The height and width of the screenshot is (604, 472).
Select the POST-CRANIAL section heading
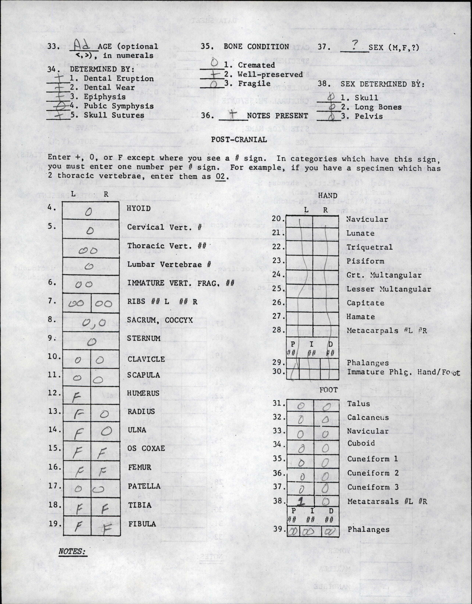pyautogui.click(x=239, y=139)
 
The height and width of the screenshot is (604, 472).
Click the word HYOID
pyautogui.click(x=139, y=208)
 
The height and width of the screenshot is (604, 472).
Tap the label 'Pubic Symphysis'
pyautogui.click(x=119, y=106)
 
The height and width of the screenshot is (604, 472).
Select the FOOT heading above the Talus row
pyautogui.click(x=329, y=390)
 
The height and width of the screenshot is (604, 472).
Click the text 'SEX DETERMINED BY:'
pyautogui.click(x=382, y=84)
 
